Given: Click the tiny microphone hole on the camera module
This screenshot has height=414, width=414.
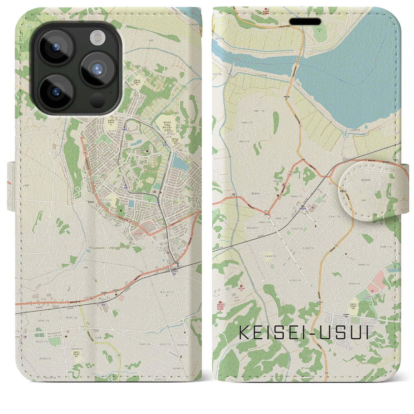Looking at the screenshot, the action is [x=111, y=92].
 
